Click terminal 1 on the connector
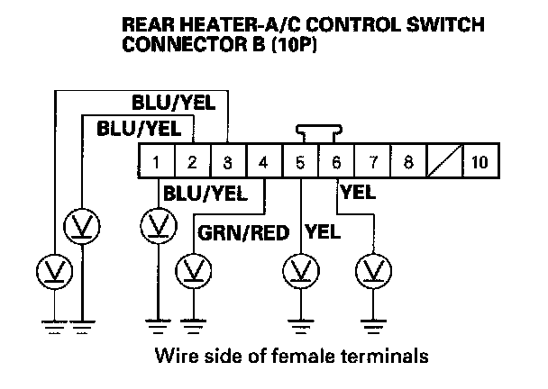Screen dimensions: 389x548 click(x=156, y=163)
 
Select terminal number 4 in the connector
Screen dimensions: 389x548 click(x=263, y=163)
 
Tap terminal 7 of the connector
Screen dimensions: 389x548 click(x=371, y=163)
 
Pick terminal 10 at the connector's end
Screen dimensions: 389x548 click(x=478, y=163)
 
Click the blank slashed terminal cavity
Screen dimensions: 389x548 click(x=443, y=163)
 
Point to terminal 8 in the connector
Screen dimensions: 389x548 click(x=407, y=163)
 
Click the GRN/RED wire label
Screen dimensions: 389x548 click(x=242, y=233)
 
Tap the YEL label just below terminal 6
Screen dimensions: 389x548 click(x=359, y=191)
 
